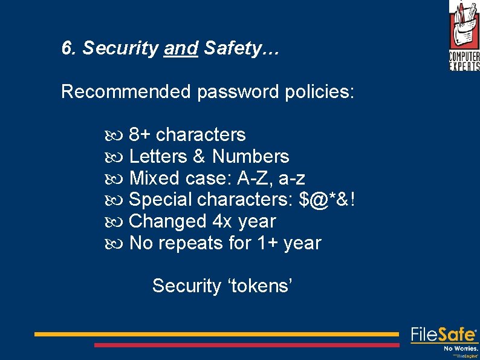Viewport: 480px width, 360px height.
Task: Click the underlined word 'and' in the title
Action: coord(181,48)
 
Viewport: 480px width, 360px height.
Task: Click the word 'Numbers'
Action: coord(250,157)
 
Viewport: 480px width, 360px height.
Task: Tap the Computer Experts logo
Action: coord(464,35)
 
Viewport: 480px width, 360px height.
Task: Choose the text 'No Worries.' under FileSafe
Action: coord(461,349)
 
